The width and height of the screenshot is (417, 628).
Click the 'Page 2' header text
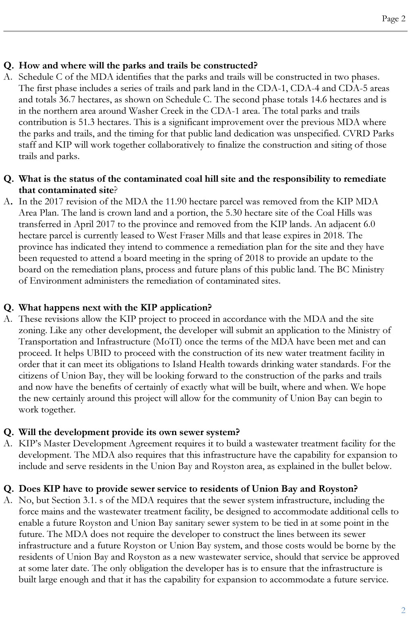tap(394, 19)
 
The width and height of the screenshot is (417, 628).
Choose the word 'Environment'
tap(55, 280)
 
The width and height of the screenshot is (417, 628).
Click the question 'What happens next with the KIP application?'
tap(115, 308)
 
